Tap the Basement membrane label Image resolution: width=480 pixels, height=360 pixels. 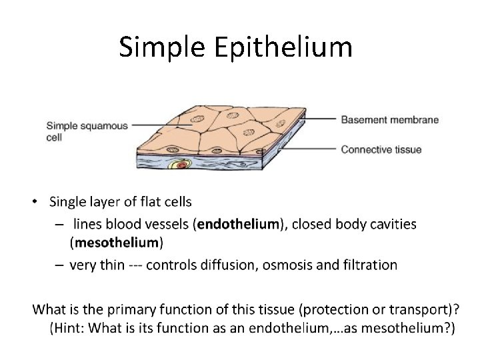click(389, 120)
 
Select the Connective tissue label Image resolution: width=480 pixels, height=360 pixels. click(381, 149)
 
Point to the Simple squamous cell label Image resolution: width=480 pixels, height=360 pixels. click(87, 131)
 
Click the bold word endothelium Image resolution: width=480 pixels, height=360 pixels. click(237, 224)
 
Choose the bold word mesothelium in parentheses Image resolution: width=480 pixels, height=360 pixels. click(116, 241)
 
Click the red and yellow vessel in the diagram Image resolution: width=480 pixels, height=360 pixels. click(179, 165)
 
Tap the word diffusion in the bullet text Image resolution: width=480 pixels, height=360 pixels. click(228, 265)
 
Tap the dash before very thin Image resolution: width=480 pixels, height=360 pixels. click(59, 265)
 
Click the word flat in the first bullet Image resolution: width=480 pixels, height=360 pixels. click(143, 201)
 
